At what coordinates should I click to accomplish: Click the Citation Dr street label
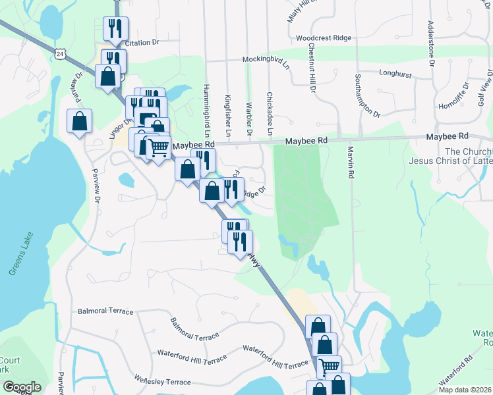click(142, 43)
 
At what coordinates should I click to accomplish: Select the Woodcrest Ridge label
click(324, 38)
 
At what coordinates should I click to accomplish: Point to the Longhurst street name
click(395, 73)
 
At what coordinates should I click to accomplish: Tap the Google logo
click(21, 387)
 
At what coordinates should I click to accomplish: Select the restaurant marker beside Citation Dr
click(115, 28)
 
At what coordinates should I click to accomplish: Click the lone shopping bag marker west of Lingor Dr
click(79, 121)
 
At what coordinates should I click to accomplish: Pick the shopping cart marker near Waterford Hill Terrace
click(329, 366)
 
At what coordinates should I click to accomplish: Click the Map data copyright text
click(465, 390)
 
